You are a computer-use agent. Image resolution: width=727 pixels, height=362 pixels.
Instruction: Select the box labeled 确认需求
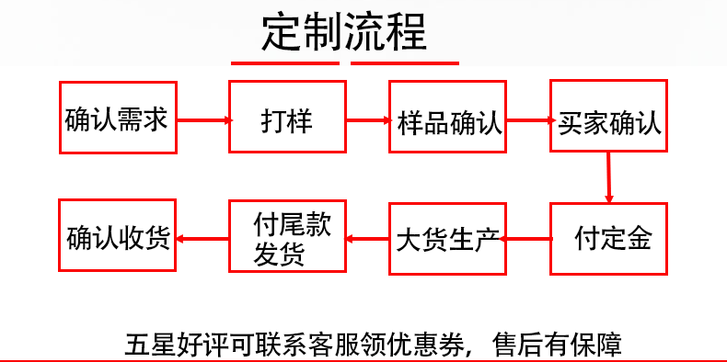(x=117, y=119)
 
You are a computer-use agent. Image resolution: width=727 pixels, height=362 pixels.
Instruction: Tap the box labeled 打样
(x=286, y=119)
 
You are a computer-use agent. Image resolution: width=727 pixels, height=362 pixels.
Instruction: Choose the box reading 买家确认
(x=608, y=119)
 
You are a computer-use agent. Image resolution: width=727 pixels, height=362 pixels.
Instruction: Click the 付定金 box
(x=608, y=238)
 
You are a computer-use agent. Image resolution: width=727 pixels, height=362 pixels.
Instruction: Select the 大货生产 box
(x=447, y=239)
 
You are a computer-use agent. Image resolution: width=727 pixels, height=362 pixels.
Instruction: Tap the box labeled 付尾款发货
(x=286, y=238)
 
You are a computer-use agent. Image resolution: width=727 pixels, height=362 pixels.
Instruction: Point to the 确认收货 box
(x=117, y=237)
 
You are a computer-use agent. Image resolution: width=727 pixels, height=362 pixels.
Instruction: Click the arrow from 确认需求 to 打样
(x=202, y=119)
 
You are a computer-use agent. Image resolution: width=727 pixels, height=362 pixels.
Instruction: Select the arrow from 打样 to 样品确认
(x=366, y=119)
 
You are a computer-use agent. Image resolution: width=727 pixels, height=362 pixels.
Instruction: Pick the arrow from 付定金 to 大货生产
(x=528, y=238)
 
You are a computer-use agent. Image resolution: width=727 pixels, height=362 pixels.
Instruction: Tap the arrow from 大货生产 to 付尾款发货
(x=366, y=239)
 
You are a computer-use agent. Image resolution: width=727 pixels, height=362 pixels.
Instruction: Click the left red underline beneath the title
(x=285, y=63)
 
